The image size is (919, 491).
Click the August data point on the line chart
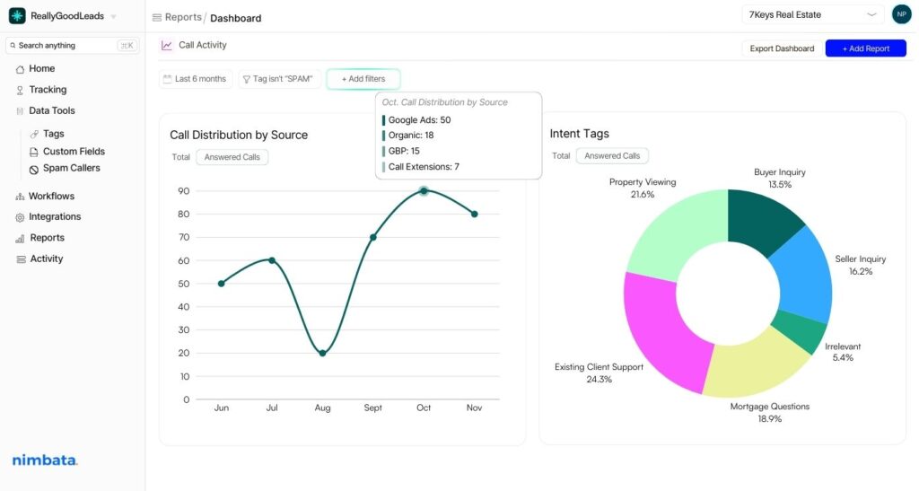(322, 353)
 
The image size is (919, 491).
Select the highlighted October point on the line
(424, 190)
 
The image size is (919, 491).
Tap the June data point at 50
(222, 284)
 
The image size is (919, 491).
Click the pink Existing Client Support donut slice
(660, 328)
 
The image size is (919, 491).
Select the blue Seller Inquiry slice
(801, 274)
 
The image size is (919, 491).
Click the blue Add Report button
(865, 48)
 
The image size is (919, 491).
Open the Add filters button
(363, 79)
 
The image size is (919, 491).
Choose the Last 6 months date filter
(195, 79)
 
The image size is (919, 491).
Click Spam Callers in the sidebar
(72, 168)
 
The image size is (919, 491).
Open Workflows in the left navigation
(51, 196)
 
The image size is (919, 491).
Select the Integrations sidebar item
(54, 216)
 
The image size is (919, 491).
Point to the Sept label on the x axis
(372, 408)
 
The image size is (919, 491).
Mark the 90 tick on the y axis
(183, 190)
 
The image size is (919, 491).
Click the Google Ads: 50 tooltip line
(419, 119)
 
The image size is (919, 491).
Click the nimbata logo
(45, 460)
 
